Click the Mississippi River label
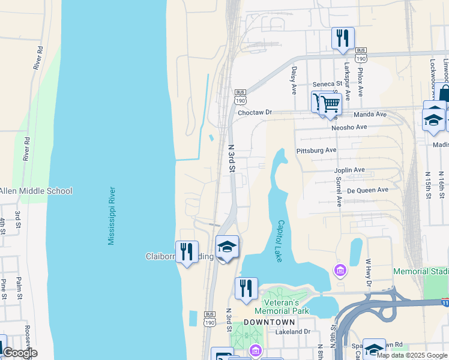point(111,215)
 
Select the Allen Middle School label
point(35,191)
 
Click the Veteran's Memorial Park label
point(282,306)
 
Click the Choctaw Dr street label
point(255,112)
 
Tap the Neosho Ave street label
point(349,127)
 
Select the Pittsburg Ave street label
point(316,150)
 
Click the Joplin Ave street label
point(349,170)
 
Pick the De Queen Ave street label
point(368,190)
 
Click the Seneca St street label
point(327,84)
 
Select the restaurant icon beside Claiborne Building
point(187,251)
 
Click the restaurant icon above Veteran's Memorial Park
point(246,287)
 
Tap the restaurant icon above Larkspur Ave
point(343,37)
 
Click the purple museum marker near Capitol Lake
point(340,271)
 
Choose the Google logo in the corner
point(19,353)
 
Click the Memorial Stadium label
point(421,272)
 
